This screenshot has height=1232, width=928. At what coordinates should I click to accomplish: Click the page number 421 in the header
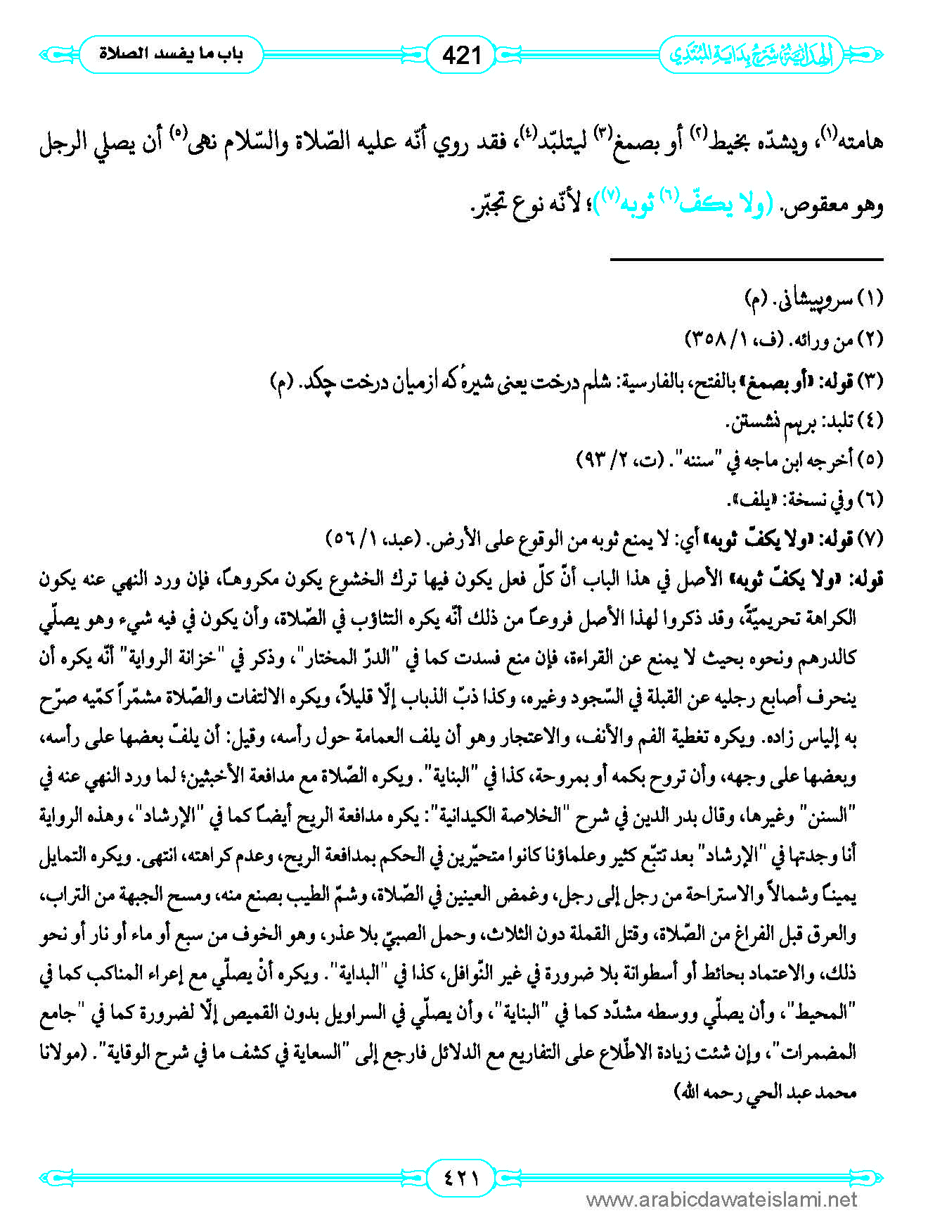point(462,54)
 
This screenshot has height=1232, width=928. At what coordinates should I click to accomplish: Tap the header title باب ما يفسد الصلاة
point(171,54)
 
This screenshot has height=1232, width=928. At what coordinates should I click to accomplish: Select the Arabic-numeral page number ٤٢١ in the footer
point(462,1176)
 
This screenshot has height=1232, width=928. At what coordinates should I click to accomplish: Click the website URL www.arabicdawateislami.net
point(721,1200)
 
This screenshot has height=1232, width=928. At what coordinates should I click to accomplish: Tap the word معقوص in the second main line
point(808,205)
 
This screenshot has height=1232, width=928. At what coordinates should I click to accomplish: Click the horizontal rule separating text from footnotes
point(746,260)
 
